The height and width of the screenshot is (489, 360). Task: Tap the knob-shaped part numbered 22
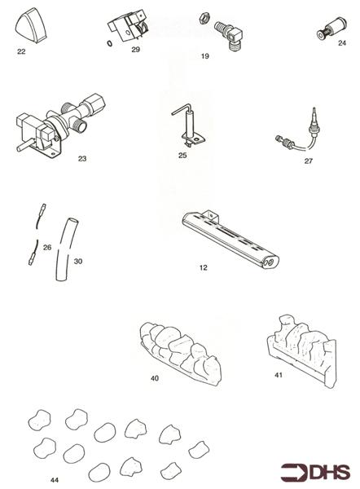pyautogui.click(x=29, y=26)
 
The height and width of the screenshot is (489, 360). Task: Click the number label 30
pyautogui.click(x=77, y=262)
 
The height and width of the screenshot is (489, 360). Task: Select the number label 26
pyautogui.click(x=46, y=246)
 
